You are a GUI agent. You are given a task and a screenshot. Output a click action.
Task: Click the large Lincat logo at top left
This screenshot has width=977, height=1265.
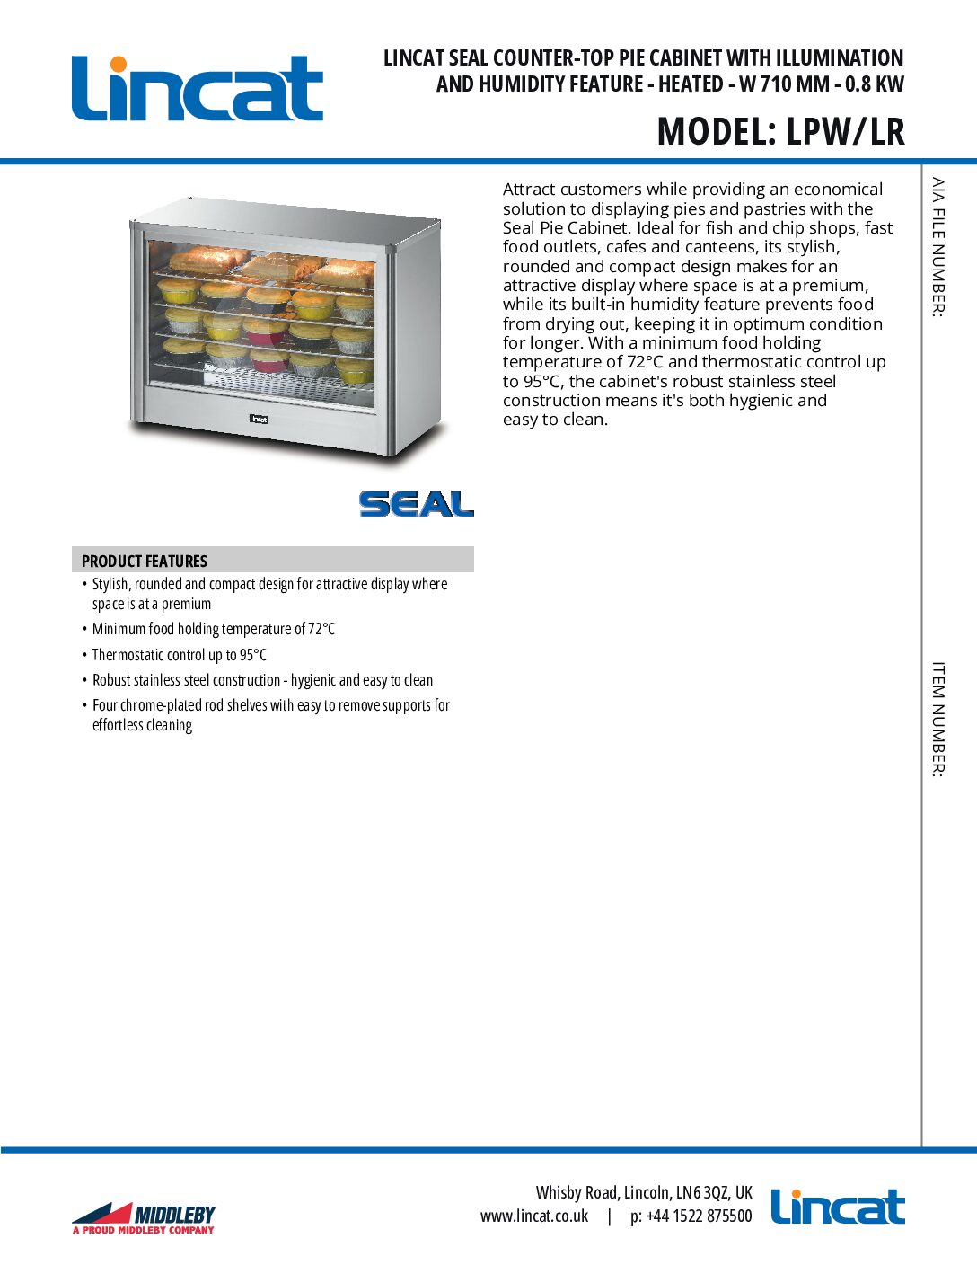coord(198,88)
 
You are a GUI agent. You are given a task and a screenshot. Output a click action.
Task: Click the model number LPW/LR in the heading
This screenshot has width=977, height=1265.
coord(845,131)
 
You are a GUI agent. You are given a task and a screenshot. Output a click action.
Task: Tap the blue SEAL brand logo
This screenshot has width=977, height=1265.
coord(417,504)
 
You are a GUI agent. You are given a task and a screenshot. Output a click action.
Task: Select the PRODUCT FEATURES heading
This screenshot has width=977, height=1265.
coord(145,561)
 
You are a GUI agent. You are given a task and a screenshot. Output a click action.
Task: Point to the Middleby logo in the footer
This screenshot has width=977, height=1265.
coord(144,1218)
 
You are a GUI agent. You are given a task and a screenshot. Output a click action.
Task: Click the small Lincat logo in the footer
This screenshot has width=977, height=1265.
coord(838,1207)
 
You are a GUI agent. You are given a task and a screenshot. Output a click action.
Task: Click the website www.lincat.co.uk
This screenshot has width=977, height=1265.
coord(534,1216)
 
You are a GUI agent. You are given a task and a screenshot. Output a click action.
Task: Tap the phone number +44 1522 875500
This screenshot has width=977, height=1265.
coord(699,1216)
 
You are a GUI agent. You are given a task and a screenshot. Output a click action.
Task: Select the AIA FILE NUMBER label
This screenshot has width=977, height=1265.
coord(937,247)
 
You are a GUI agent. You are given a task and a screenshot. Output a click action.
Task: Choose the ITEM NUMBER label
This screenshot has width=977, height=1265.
coord(937,719)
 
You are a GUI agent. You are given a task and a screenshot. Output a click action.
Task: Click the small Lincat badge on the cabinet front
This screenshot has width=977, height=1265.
coord(259,419)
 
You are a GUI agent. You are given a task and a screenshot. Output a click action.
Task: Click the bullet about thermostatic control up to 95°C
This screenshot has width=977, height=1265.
coord(180,655)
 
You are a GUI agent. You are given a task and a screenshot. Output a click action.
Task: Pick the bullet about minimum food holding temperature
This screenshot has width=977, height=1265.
coord(214,629)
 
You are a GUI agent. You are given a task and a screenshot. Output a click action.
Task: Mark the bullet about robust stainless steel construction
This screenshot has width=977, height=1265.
coord(262,680)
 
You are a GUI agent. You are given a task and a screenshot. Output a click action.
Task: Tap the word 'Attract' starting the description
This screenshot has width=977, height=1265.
coord(534,190)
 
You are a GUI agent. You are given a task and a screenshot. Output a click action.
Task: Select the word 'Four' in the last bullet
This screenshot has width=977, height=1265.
coord(104,705)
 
